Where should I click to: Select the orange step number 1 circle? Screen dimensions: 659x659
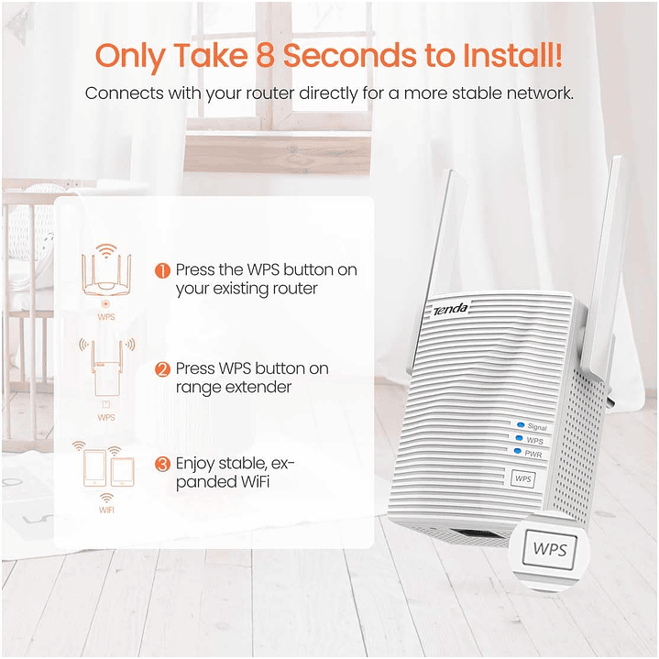pos(162,271)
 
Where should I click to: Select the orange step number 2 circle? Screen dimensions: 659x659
pos(162,370)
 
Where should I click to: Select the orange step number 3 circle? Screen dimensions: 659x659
pos(162,465)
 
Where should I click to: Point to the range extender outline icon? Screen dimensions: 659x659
pos(105,374)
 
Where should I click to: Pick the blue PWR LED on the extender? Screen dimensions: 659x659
pos(518,451)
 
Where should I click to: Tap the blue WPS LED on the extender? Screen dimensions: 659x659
pos(518,439)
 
